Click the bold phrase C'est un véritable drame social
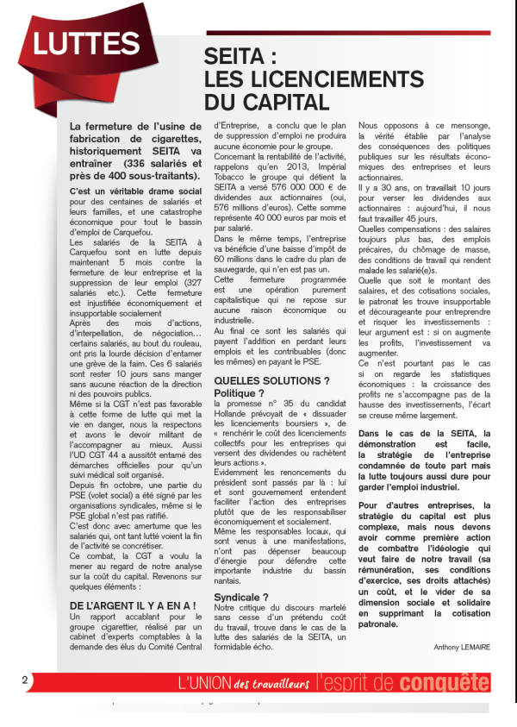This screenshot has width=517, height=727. tap(135, 189)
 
